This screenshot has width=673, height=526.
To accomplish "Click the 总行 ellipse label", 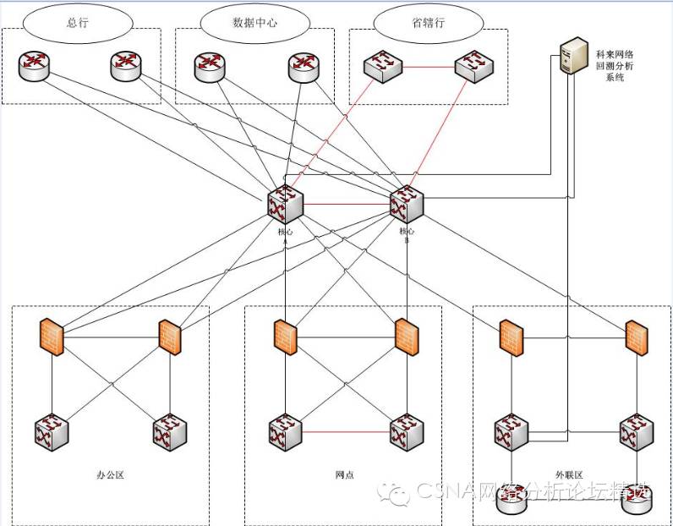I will (77, 22).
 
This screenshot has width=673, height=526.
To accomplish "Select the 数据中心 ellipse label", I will (254, 23).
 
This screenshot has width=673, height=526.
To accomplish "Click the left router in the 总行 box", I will (35, 65).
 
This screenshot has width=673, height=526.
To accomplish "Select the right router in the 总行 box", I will (125, 65).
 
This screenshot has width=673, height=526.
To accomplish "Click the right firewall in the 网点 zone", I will (407, 336).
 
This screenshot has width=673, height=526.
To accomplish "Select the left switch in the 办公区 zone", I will (52, 431).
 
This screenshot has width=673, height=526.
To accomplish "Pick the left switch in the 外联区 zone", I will (511, 431).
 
